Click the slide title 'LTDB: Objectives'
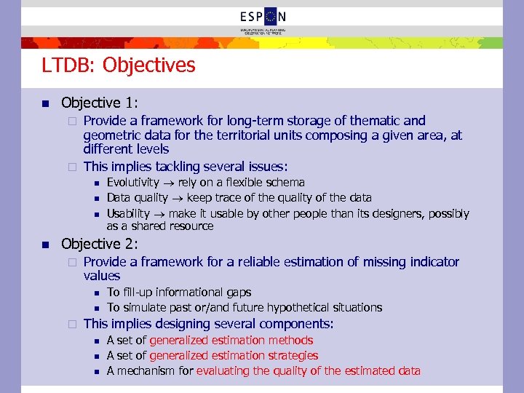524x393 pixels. coord(119,65)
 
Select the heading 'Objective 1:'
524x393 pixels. coord(100,103)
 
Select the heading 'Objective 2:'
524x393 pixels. coord(100,244)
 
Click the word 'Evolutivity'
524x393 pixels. coord(133,183)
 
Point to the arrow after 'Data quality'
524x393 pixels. coord(176,198)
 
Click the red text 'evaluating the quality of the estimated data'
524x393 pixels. coord(308,371)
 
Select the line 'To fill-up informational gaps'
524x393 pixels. coord(178,293)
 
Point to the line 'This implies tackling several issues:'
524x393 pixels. coord(186,167)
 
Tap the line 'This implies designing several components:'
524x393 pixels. coord(209,324)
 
